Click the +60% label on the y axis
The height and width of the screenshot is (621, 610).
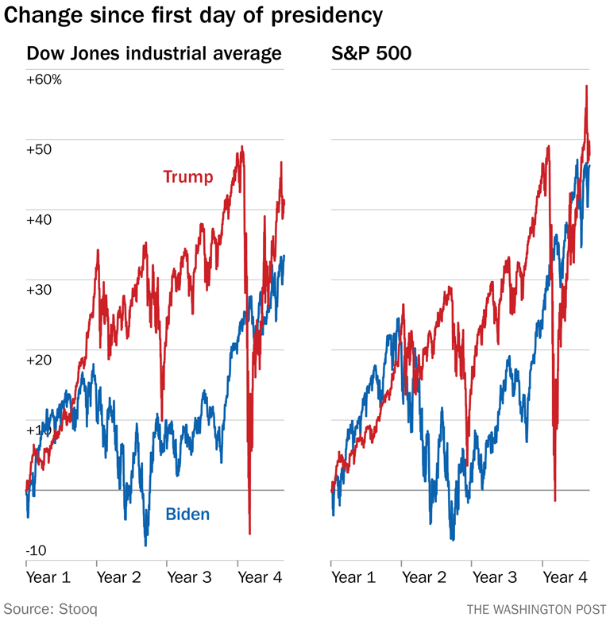[x=44, y=79]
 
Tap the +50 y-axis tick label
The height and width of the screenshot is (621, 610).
[x=40, y=149]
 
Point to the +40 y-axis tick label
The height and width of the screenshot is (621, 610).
[x=40, y=219]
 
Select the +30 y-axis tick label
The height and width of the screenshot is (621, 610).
[x=40, y=289]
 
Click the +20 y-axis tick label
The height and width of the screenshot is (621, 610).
[x=40, y=359]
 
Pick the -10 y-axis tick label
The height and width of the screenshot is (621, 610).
[x=37, y=550]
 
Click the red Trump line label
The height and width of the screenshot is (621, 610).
[x=188, y=176]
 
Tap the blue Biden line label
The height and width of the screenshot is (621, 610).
[x=187, y=515]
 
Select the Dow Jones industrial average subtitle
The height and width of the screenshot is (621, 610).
[x=154, y=54]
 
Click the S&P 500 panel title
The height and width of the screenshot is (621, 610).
[x=368, y=54]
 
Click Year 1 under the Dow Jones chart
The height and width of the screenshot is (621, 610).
[x=48, y=577]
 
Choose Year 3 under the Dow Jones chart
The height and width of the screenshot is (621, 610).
[x=189, y=577]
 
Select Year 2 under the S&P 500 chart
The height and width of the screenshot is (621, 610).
[x=424, y=577]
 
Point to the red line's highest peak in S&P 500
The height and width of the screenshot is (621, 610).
[x=586, y=86]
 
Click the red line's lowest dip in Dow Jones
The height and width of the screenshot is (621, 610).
[x=249, y=534]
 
